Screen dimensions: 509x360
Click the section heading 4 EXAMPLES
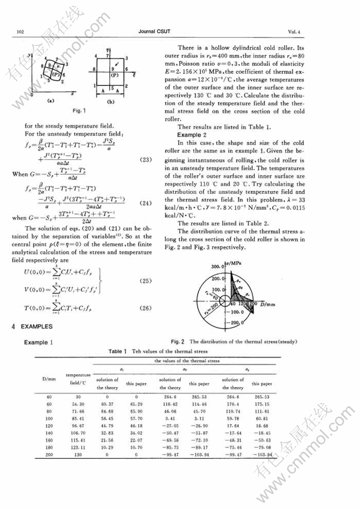tap(34, 327)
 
